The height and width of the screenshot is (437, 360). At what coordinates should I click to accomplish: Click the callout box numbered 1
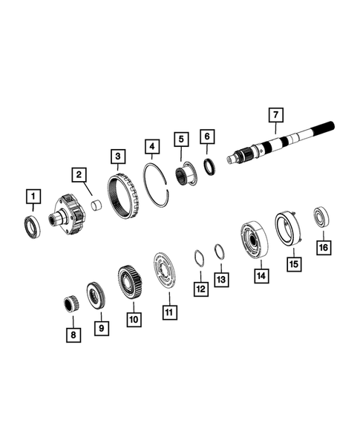coord(33,197)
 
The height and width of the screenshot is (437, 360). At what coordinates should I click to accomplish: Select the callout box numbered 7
coord(275,115)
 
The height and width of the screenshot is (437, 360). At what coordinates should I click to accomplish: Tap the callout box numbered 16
coord(323,247)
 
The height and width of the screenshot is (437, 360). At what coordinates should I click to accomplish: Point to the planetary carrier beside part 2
coord(69,216)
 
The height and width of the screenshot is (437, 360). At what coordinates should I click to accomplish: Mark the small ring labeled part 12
coord(198,257)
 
